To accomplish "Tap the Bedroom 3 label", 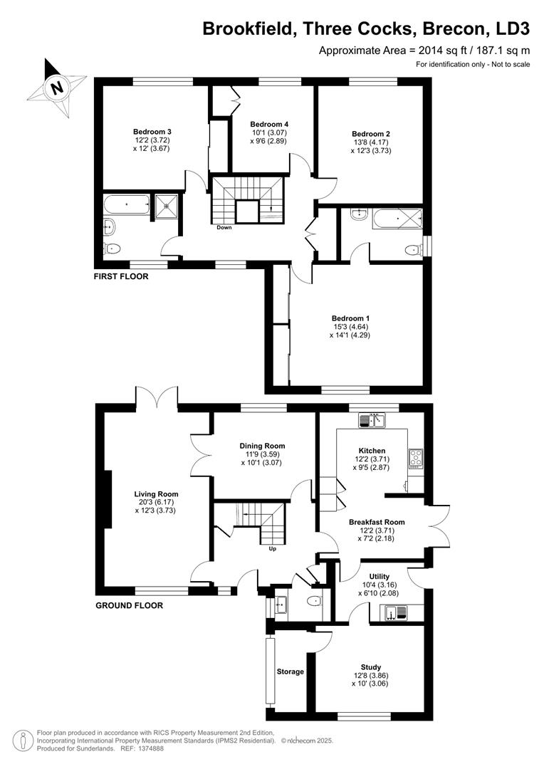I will [152, 132].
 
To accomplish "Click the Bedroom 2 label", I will [371, 133].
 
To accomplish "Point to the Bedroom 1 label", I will [350, 318].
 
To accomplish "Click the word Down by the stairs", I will [224, 228].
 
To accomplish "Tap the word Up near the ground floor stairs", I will [272, 548].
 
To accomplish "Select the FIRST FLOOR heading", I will [121, 276].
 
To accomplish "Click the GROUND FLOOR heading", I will [129, 606].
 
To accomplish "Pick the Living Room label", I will [157, 493].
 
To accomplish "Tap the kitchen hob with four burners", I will [415, 456].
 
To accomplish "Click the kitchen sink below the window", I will [372, 421].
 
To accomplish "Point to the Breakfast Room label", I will [377, 522].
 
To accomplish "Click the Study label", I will [371, 667].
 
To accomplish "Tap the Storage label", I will [291, 671].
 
